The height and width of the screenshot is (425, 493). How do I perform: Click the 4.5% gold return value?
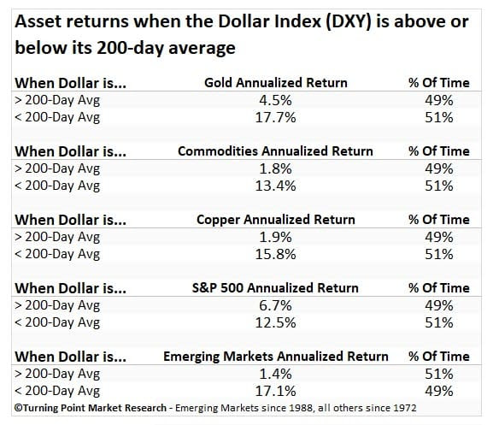(275, 100)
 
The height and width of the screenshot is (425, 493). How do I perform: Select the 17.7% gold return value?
(275, 118)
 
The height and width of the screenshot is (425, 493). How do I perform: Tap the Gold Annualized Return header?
(276, 83)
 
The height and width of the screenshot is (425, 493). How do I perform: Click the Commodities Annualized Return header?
(275, 151)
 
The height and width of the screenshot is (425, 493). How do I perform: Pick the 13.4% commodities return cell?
(275, 186)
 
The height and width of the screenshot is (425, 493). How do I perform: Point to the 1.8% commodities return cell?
(275, 169)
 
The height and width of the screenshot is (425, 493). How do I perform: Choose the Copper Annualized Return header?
(276, 220)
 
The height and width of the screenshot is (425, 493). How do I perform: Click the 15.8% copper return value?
(275, 254)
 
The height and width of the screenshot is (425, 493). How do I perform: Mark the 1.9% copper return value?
(275, 237)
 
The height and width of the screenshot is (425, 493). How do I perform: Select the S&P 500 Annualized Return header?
(275, 288)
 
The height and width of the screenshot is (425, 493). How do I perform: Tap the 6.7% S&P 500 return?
(275, 305)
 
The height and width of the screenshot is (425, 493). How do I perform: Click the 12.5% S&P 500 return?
(275, 322)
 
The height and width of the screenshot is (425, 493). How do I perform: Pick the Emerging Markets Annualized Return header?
(276, 357)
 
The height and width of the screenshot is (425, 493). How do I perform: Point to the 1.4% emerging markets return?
(275, 374)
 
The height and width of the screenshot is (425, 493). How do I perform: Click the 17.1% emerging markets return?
(275, 392)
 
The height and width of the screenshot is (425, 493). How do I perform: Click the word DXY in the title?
(348, 22)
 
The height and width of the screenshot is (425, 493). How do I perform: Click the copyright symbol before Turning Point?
(18, 408)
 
